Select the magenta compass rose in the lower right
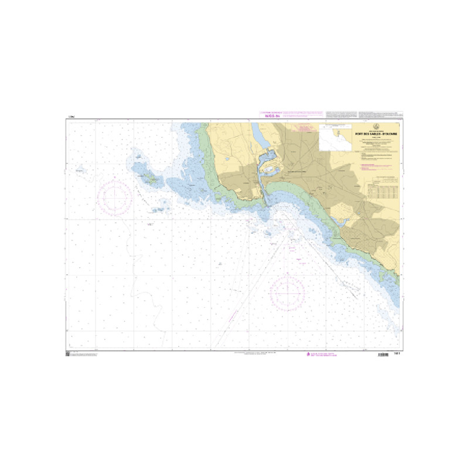287,291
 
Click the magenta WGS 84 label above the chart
273,117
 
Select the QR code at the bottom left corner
67,354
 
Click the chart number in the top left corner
70,119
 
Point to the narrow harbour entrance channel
266,196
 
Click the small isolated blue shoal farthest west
80,171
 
